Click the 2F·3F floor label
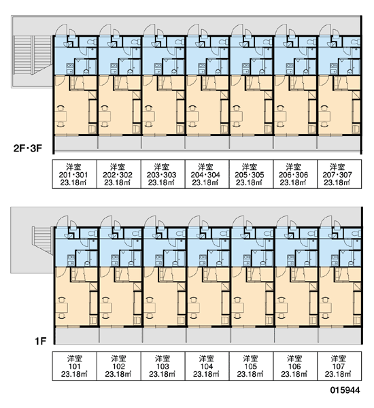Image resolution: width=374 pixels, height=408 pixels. (28, 148)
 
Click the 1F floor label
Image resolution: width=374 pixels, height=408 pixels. (40, 341)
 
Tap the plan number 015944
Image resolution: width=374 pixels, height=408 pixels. (345, 390)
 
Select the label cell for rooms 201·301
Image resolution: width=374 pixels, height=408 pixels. (75, 174)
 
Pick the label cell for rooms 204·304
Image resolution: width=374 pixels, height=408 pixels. (207, 174)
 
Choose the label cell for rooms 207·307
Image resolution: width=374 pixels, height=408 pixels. (339, 174)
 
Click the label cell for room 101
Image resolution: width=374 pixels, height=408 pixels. (75, 366)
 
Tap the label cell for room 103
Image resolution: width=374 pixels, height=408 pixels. (163, 366)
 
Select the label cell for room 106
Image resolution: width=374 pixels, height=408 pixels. (295, 366)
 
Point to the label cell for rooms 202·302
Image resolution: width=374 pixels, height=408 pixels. (119, 174)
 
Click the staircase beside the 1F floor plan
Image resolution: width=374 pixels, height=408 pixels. (43, 240)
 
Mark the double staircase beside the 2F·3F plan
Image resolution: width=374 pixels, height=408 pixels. (32, 54)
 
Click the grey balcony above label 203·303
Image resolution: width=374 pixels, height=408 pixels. (163, 143)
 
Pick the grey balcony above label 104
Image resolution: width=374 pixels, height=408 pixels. (208, 335)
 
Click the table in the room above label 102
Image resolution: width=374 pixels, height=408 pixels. (105, 308)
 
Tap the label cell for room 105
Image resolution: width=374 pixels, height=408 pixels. (251, 366)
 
